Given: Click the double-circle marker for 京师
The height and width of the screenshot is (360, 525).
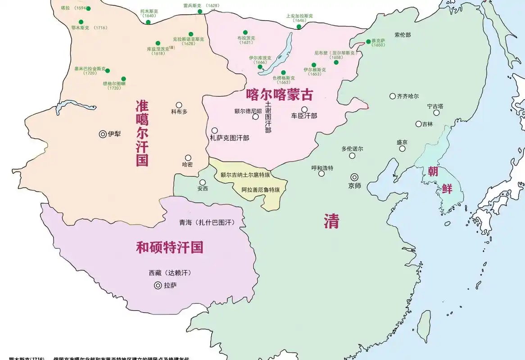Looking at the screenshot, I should [x=355, y=177].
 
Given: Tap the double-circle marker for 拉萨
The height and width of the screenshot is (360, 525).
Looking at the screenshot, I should [x=158, y=285].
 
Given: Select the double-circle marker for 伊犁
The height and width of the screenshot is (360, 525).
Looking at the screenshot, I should [x=102, y=134].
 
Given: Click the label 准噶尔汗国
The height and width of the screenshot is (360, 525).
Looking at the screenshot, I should [x=142, y=133].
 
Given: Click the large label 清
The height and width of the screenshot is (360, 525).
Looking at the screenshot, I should [x=331, y=221].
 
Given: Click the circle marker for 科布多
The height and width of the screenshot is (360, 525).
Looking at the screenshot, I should [x=179, y=105].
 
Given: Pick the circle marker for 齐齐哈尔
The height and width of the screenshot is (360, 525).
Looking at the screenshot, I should [x=393, y=96].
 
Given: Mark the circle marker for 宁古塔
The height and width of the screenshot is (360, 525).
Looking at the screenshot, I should [x=436, y=113].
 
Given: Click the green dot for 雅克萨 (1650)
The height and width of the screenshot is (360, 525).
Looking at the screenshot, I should [x=368, y=41].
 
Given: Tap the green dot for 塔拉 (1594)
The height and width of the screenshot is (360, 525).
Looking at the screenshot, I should [x=88, y=9].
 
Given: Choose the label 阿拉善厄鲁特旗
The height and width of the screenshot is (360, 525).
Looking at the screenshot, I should [x=260, y=190].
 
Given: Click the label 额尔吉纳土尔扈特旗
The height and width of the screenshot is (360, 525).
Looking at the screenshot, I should [x=246, y=175].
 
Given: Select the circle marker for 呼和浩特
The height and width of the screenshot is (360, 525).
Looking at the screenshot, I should [x=321, y=174].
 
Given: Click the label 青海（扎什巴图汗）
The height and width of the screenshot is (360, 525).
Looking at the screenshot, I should [x=207, y=222].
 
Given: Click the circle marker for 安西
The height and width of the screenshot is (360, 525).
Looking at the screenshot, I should [x=203, y=183].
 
